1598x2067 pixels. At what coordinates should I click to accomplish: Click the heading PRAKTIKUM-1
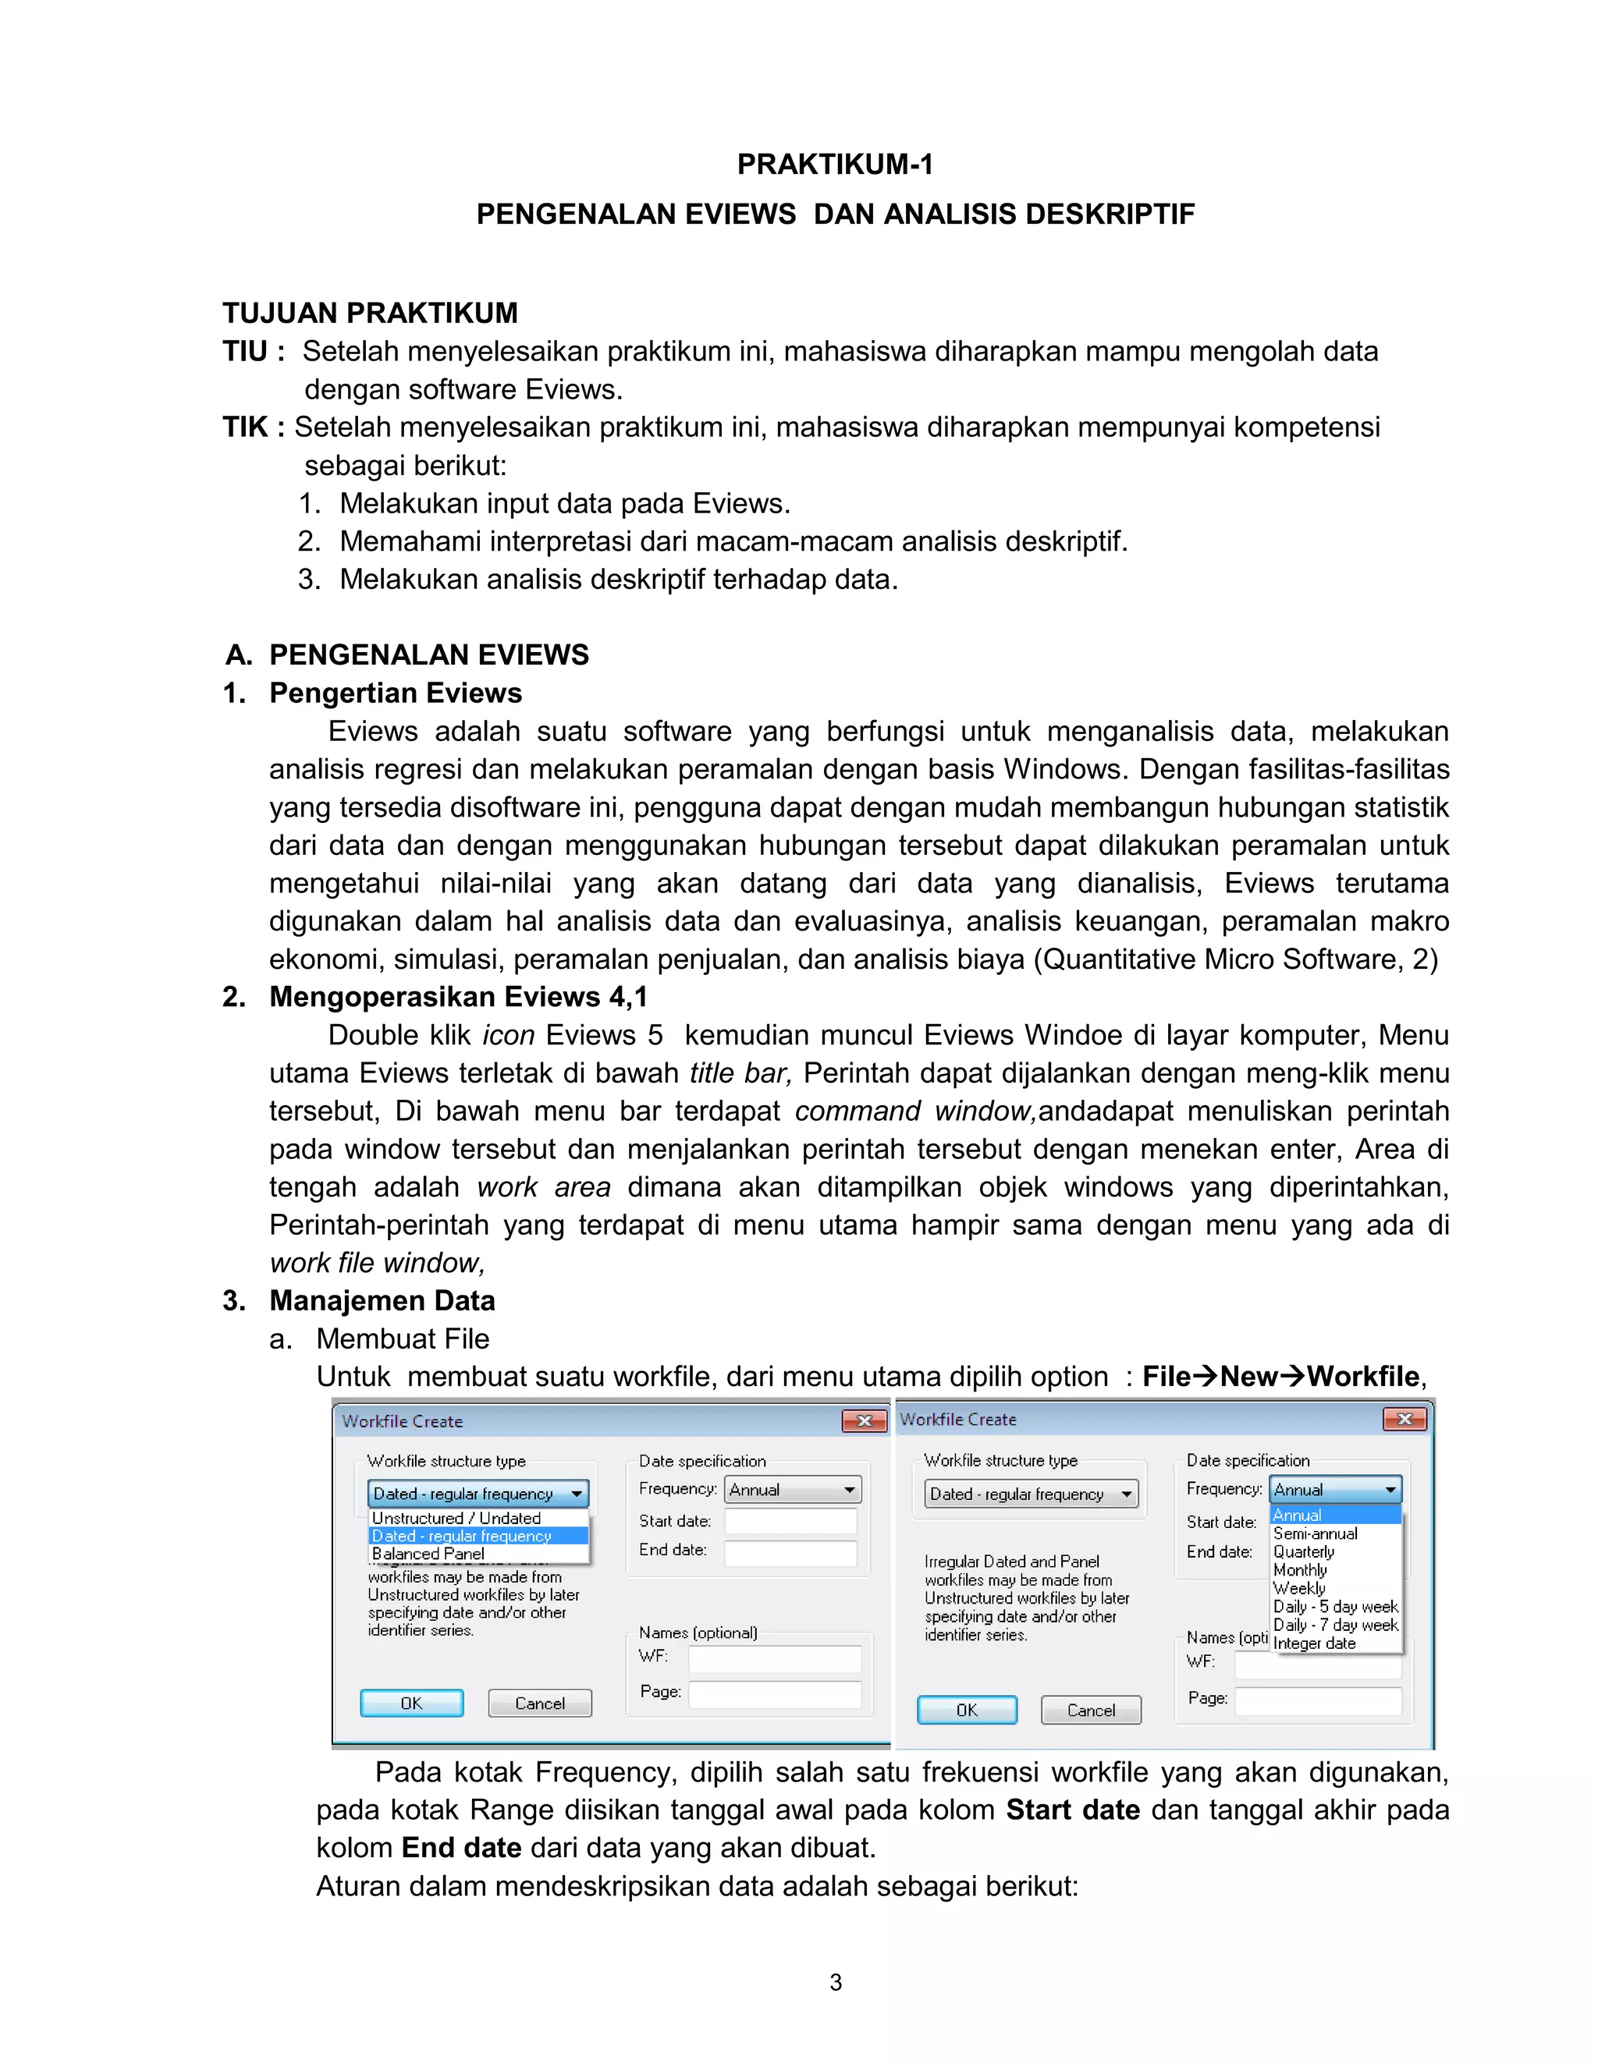pyautogui.click(x=834, y=165)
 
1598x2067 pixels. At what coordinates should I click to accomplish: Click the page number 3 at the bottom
pyautogui.click(x=835, y=1982)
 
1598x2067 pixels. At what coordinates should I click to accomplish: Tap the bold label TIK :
pyautogui.click(x=253, y=427)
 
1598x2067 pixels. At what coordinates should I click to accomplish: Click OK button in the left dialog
pyautogui.click(x=412, y=1703)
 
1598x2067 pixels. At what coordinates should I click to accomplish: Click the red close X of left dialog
pyautogui.click(x=864, y=1420)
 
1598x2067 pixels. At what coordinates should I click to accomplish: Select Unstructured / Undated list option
pyautogui.click(x=456, y=1518)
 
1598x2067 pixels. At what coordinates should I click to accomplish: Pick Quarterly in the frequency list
pyautogui.click(x=1304, y=1551)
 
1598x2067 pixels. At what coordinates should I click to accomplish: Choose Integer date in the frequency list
pyautogui.click(x=1314, y=1643)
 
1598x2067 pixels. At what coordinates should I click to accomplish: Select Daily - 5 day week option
pyautogui.click(x=1335, y=1606)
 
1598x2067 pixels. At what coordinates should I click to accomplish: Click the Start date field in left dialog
pyautogui.click(x=790, y=1521)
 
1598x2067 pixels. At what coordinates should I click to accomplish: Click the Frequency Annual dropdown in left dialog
pyautogui.click(x=793, y=1490)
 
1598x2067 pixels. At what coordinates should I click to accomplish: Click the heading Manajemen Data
pyautogui.click(x=382, y=1300)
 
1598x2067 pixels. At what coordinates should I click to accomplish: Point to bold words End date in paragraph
pyautogui.click(x=461, y=1847)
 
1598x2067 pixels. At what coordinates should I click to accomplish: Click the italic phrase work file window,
pyautogui.click(x=377, y=1263)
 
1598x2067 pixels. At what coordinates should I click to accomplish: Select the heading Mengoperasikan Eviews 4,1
pyautogui.click(x=458, y=997)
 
